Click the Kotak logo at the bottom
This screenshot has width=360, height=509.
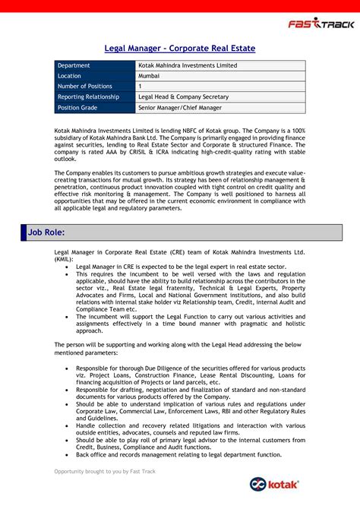click(275, 485)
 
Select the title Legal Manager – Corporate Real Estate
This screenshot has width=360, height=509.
click(179, 49)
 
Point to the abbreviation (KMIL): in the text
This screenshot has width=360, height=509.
click(65, 258)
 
